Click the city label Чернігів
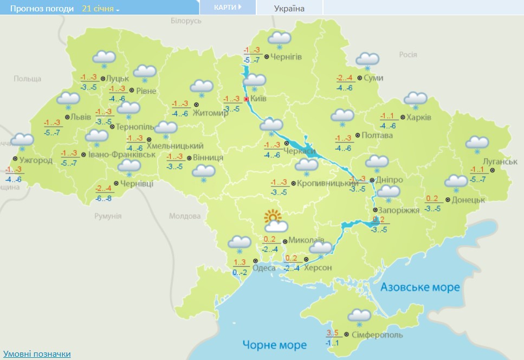[286, 56]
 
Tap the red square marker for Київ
[246, 99]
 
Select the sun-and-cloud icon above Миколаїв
[275, 221]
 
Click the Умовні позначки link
[36, 353]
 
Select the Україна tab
[289, 8]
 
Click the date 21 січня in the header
[101, 9]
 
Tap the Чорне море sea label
[274, 344]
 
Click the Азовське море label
[420, 287]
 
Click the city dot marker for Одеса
[255, 261]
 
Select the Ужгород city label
[35, 160]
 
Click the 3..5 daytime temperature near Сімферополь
[332, 332]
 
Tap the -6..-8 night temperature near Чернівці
[103, 198]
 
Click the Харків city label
[419, 117]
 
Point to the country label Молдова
[184, 216]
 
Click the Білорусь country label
[186, 21]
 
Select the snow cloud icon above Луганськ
[477, 143]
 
